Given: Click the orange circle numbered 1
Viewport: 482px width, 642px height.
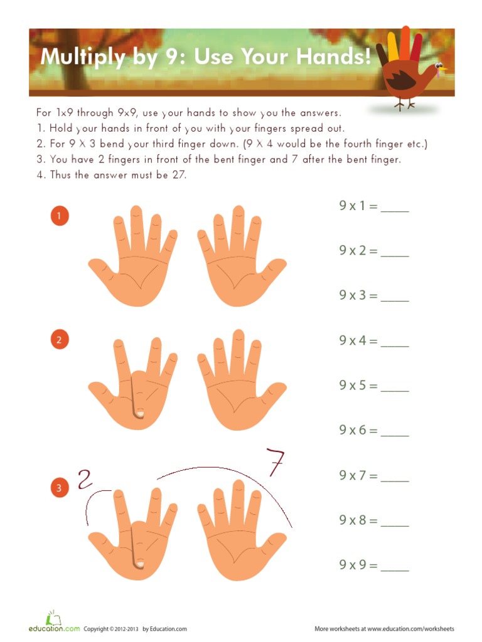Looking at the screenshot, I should click(x=58, y=217).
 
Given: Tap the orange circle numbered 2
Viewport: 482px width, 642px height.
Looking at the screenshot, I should click(x=58, y=340).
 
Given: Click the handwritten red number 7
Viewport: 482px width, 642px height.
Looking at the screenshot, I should click(x=275, y=465).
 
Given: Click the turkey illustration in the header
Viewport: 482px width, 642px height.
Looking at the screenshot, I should click(x=408, y=69).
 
